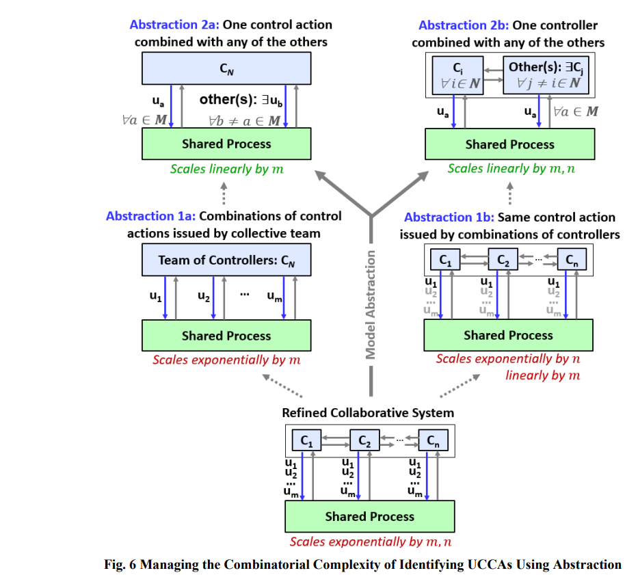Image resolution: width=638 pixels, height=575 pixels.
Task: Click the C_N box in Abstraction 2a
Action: [x=226, y=68]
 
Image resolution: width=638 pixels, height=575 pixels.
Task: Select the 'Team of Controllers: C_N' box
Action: [x=226, y=260]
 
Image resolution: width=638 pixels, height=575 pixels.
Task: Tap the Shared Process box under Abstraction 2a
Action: [x=226, y=144]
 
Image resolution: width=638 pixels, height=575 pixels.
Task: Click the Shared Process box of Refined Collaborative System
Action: [x=369, y=516]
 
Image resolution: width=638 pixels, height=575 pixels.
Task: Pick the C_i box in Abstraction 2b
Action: [x=457, y=75]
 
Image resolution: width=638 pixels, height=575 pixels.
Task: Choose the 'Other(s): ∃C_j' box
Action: [x=546, y=75]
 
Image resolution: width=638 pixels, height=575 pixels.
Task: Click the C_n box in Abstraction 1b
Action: [x=572, y=259]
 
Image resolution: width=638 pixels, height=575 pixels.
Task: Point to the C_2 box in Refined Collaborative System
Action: [x=364, y=440]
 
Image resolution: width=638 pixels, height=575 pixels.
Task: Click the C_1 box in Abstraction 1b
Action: [x=445, y=259]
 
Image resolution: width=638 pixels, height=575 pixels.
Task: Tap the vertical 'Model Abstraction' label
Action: [x=370, y=305]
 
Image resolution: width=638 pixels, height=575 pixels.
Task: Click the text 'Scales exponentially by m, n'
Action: [x=370, y=541]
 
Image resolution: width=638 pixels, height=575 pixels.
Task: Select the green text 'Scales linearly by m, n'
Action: [x=511, y=168]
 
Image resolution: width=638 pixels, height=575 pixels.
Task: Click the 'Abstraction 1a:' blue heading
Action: [x=150, y=216]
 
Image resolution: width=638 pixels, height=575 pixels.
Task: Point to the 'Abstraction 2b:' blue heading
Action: [x=464, y=25]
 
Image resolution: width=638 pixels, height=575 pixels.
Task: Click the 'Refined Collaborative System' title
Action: [x=368, y=413]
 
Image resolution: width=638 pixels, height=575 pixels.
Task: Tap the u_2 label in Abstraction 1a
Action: [x=204, y=296]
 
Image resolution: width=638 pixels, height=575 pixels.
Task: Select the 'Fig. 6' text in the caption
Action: [x=120, y=565]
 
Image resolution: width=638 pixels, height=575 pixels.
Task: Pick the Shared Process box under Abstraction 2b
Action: [x=510, y=144]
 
